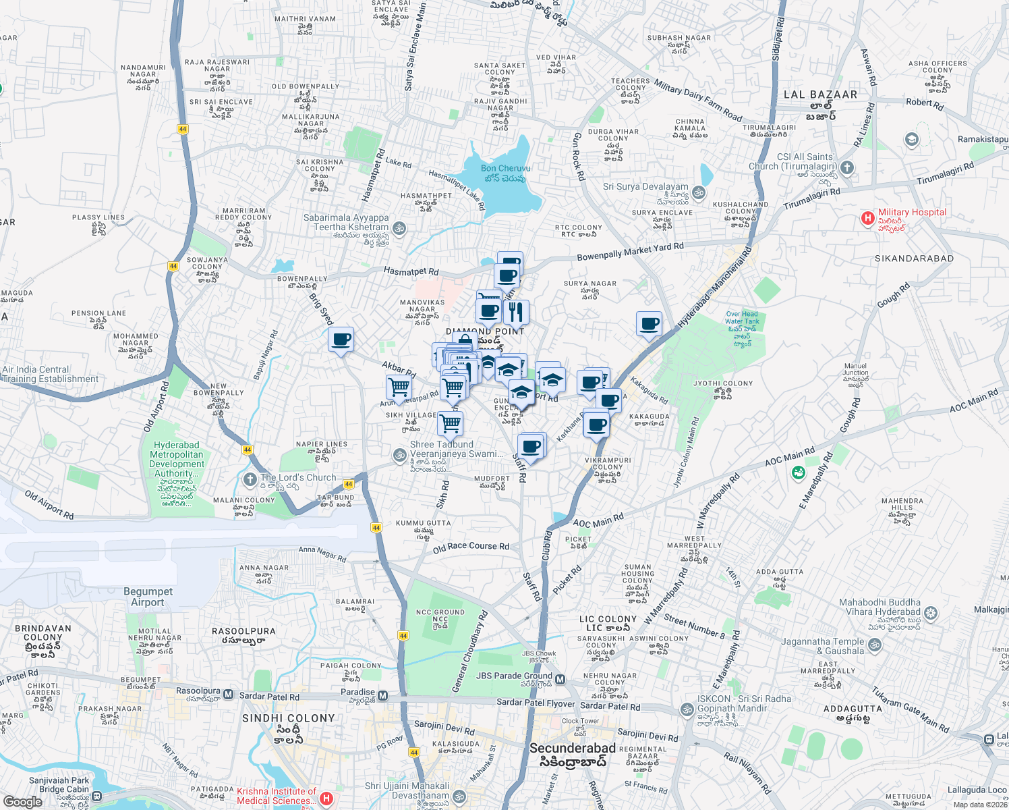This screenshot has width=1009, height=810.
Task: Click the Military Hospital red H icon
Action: click(x=867, y=218)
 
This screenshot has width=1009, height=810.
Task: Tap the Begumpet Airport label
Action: click(x=148, y=597)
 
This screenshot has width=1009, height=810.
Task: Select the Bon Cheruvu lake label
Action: click(x=505, y=173)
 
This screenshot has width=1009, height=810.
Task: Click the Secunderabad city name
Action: click(x=572, y=748)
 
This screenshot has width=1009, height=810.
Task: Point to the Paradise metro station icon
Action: click(x=382, y=695)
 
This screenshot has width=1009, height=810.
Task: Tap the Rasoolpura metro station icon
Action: click(x=228, y=695)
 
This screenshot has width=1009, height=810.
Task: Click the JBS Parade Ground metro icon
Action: click(x=560, y=679)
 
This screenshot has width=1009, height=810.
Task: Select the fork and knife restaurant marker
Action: click(x=515, y=312)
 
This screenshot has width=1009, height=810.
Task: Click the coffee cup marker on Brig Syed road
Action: click(x=341, y=339)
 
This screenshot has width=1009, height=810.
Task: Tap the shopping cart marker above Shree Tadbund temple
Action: click(x=450, y=424)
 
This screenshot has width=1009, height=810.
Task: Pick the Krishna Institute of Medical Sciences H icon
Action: click(x=326, y=799)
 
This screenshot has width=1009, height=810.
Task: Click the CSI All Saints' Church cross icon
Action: click(x=848, y=167)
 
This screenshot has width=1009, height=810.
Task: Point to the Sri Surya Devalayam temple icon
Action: click(x=698, y=192)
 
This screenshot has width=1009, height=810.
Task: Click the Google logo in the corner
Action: click(x=22, y=801)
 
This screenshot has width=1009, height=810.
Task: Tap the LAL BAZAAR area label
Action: click(x=820, y=94)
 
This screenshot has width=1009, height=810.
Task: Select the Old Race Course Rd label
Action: click(x=471, y=547)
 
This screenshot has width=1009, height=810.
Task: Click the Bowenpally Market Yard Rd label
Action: click(x=630, y=252)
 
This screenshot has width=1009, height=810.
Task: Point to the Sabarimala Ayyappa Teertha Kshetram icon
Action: click(x=399, y=228)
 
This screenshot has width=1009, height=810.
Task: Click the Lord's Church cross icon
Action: click(x=249, y=480)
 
